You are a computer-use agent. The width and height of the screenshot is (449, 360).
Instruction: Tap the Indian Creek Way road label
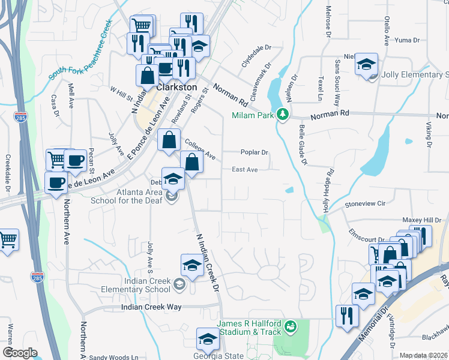click(x=151, y=307)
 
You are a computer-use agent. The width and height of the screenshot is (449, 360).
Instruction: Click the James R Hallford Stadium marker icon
click(x=291, y=326)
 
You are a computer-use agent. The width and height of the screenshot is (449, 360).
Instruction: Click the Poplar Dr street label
click(x=254, y=152)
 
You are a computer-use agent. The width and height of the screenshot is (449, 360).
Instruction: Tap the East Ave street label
click(x=245, y=170)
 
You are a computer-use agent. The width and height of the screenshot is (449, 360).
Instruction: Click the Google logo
click(x=20, y=353)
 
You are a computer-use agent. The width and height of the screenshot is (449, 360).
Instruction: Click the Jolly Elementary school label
click(x=414, y=74)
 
